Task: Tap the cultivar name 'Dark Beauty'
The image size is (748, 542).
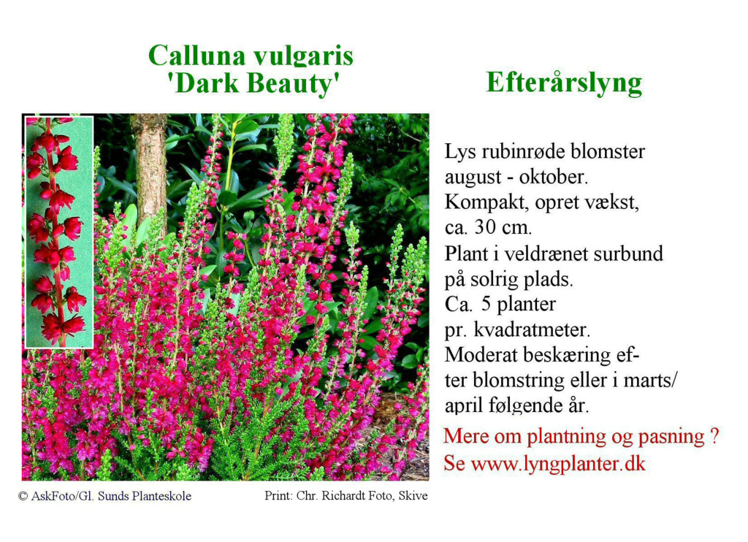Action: (253, 84)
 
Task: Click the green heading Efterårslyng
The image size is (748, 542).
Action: (564, 83)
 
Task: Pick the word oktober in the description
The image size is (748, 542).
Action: (554, 177)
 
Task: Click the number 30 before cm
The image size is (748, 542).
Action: (485, 227)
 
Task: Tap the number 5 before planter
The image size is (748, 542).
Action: (486, 303)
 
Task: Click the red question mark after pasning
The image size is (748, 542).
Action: (714, 435)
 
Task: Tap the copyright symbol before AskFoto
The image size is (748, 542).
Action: (23, 496)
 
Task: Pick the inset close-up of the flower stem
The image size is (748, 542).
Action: (59, 232)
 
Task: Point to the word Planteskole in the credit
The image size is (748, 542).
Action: (161, 496)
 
